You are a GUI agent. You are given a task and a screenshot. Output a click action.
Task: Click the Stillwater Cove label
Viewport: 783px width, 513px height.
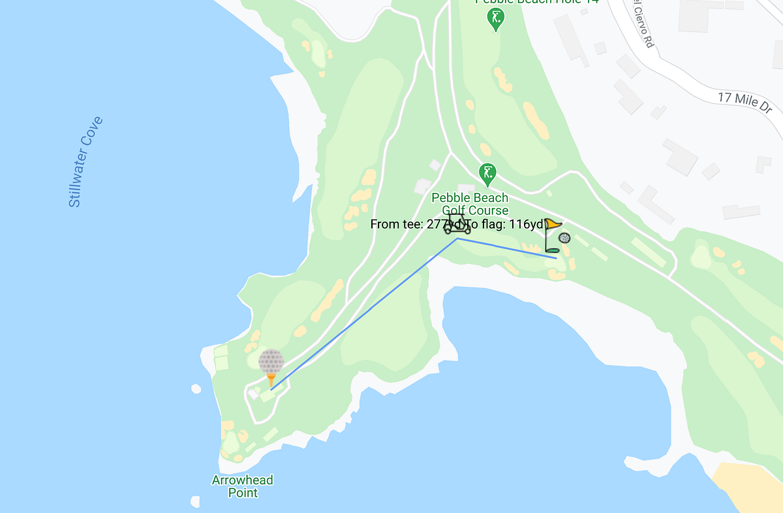86,162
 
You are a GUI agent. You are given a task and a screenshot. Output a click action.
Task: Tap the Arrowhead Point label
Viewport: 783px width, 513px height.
242,486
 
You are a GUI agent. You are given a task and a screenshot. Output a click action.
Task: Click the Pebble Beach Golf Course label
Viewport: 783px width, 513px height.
470,204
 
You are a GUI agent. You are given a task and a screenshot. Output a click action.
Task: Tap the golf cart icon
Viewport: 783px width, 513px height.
457,224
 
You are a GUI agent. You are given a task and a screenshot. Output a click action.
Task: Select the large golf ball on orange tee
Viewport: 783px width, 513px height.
271,362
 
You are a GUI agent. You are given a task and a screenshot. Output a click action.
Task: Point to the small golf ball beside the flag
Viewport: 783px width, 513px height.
564,239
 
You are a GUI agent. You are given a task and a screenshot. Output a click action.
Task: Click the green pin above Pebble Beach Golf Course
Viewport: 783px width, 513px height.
487,174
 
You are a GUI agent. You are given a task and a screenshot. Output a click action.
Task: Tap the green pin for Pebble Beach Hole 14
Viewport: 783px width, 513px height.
497,19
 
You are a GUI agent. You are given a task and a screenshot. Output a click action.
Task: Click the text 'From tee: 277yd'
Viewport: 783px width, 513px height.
407,225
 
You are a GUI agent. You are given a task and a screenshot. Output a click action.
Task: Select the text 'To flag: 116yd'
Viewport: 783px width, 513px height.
506,225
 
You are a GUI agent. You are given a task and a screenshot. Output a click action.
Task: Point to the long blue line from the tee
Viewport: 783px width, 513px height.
365,313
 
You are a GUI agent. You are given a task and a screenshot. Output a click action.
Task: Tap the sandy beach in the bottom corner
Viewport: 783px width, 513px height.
750,486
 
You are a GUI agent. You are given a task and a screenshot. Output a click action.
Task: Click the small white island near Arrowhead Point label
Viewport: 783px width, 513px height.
196,389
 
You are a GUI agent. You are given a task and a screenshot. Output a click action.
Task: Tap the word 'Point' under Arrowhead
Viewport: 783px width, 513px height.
243,493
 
